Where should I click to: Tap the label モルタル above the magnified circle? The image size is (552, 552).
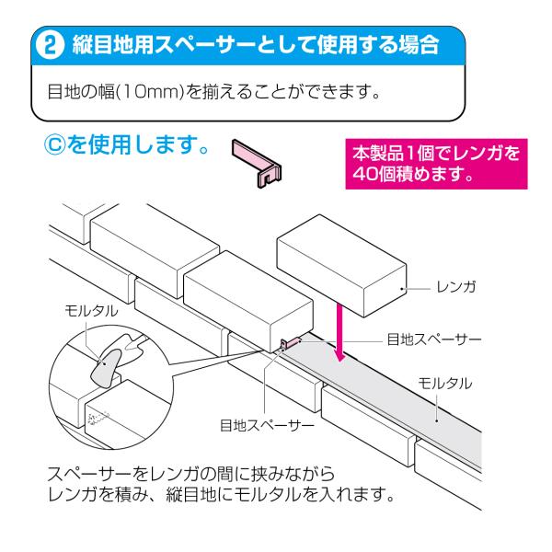pos(91,310)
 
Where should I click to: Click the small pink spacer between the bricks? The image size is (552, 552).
pos(286,343)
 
